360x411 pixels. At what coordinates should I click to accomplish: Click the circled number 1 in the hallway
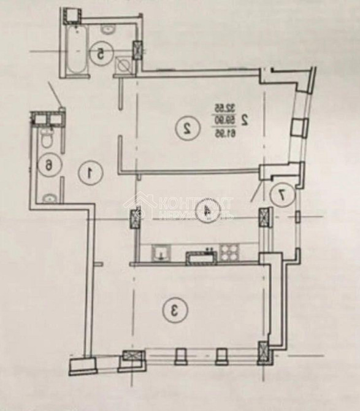[90, 172]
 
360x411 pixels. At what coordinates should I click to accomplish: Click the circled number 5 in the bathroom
[99, 53]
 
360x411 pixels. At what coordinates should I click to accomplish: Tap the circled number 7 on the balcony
[282, 194]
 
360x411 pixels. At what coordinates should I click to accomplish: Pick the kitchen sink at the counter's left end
[161, 252]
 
